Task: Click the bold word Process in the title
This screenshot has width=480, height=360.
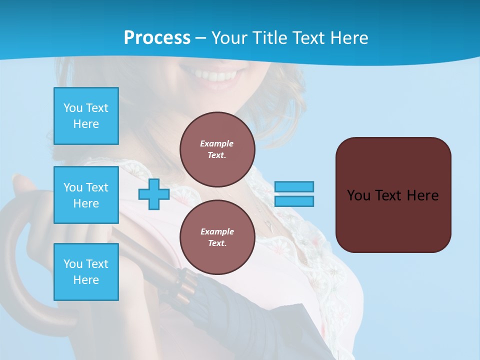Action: coord(157,37)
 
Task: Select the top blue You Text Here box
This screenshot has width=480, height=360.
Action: coord(86,116)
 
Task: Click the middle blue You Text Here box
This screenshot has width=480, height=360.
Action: coord(86,195)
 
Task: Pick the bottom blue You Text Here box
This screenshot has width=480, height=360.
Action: coord(86,272)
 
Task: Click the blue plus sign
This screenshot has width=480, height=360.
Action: coord(154,195)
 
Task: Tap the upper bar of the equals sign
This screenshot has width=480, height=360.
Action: coord(294,186)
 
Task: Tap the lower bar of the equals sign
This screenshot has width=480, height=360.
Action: coord(294,201)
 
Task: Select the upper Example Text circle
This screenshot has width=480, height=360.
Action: coord(217,149)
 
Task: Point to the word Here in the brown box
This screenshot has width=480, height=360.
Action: coord(422,195)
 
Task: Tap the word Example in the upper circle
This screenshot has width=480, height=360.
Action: coord(217,143)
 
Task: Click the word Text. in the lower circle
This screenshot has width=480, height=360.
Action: coord(217,243)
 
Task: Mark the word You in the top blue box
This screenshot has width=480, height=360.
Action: coord(72,108)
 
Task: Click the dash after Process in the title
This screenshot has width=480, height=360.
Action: coord(201,38)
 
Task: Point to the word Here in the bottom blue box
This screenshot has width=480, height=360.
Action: coord(86,280)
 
